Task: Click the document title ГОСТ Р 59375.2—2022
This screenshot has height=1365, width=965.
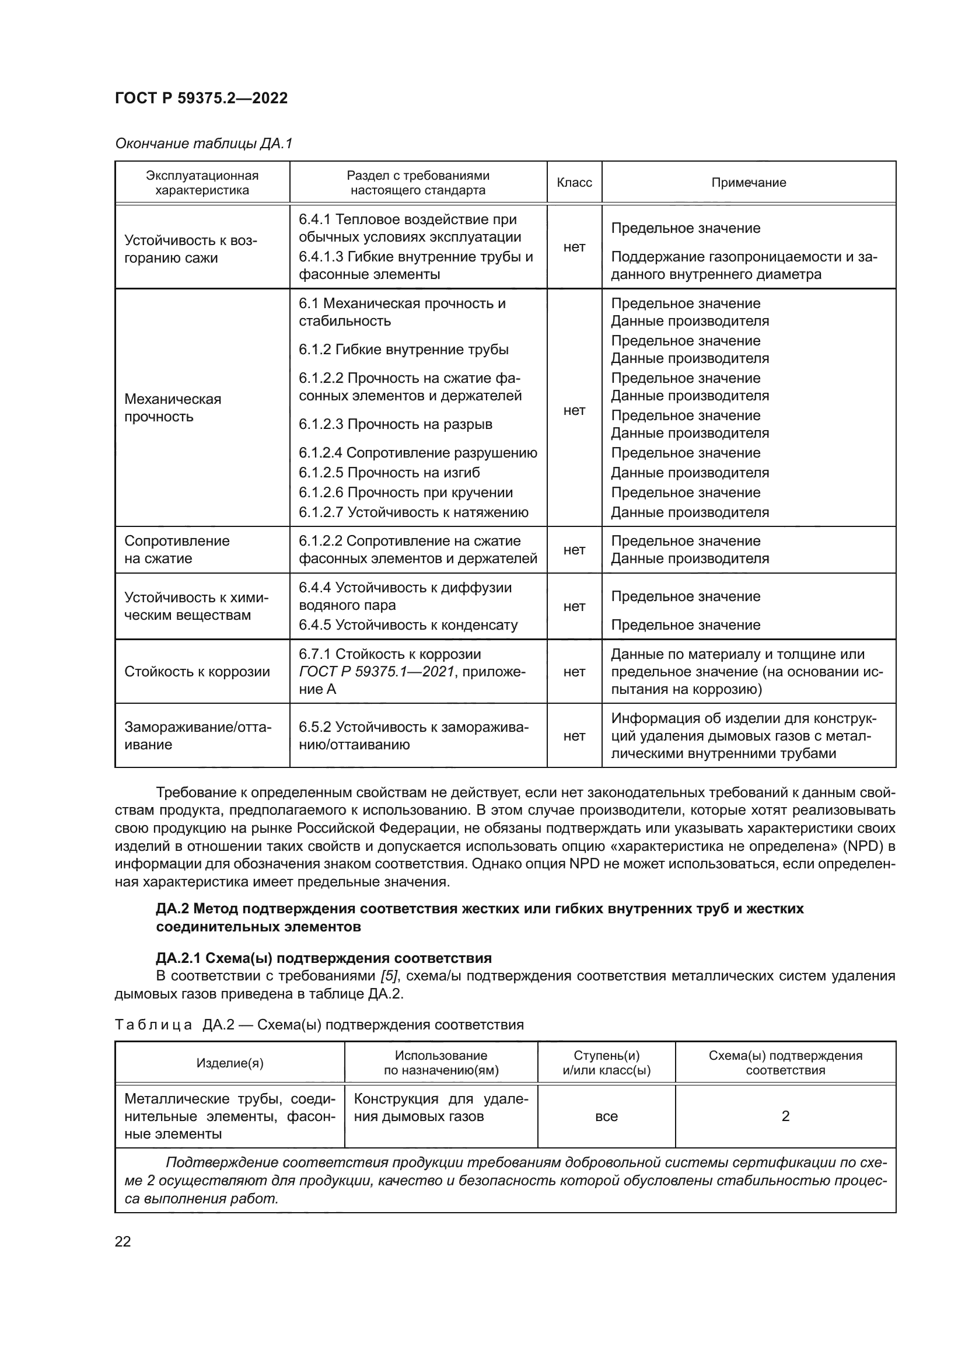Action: click(201, 99)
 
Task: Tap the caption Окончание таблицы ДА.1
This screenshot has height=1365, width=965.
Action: click(204, 144)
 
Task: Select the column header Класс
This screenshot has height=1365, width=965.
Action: click(574, 183)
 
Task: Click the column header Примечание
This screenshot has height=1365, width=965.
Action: click(748, 183)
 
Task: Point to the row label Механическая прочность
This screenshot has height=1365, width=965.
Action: click(172, 408)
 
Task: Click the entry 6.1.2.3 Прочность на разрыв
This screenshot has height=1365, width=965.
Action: click(396, 424)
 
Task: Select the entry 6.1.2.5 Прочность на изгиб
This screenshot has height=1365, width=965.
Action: click(389, 473)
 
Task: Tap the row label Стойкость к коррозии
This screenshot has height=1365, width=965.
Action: click(197, 672)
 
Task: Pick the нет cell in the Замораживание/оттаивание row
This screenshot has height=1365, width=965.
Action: click(574, 736)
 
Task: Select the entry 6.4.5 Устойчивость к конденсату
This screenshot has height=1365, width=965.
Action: click(408, 625)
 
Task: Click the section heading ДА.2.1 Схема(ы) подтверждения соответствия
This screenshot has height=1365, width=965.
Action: click(324, 958)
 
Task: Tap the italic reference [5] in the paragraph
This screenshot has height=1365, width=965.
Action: click(389, 976)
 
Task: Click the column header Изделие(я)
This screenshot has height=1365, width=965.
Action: click(230, 1063)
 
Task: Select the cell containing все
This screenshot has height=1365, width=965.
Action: click(606, 1116)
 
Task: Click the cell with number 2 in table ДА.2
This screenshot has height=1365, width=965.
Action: click(785, 1116)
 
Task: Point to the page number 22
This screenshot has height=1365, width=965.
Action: click(123, 1241)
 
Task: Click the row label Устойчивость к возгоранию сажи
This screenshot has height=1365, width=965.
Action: click(190, 249)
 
